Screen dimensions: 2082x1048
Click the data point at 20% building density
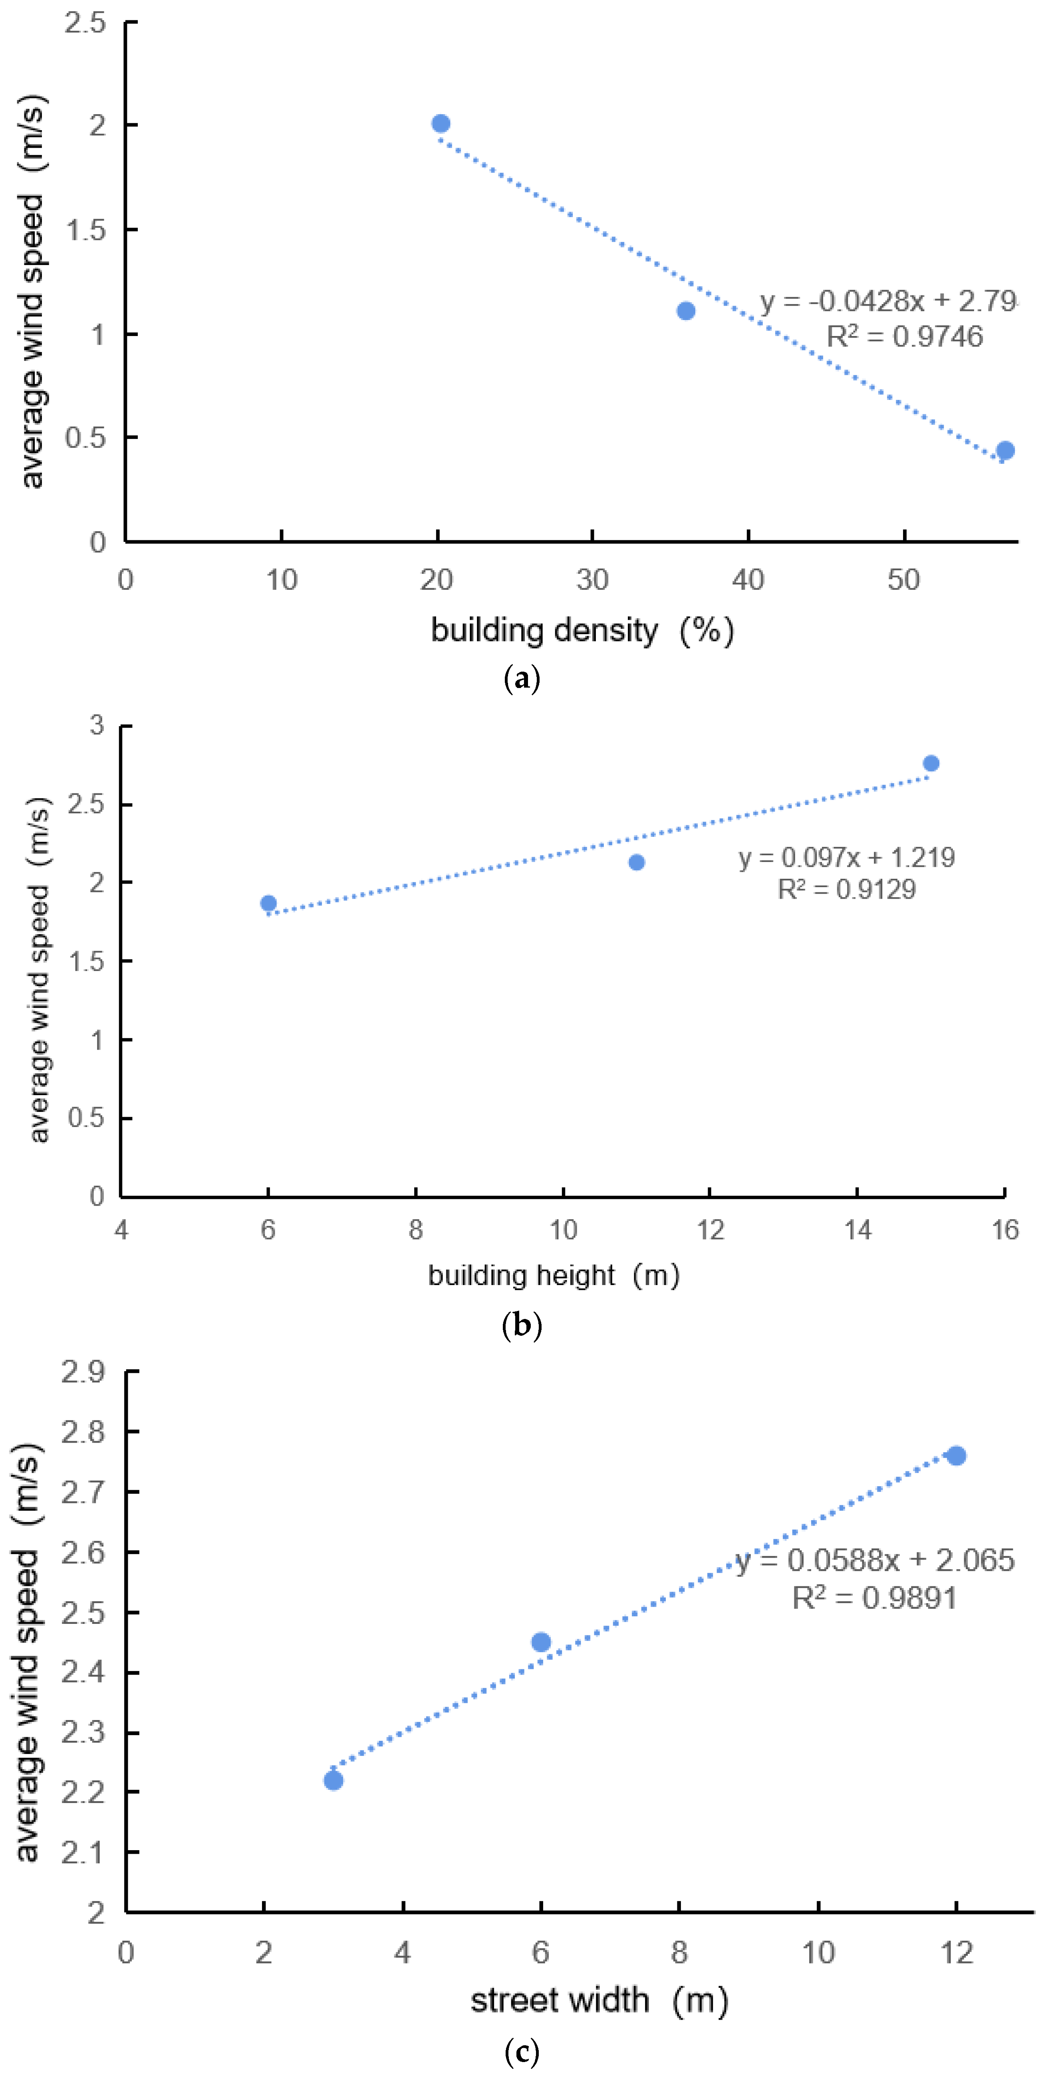coord(441,124)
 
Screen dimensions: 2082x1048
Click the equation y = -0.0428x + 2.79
coord(888,301)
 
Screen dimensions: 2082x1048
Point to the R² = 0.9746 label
coord(904,336)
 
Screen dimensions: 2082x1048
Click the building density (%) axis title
coord(582,631)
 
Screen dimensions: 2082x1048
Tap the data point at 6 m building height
coord(268,904)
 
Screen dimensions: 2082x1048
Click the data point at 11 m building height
coord(636,862)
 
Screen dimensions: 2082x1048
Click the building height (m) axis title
coord(554,1275)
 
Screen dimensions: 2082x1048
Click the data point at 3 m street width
coord(333,1781)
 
